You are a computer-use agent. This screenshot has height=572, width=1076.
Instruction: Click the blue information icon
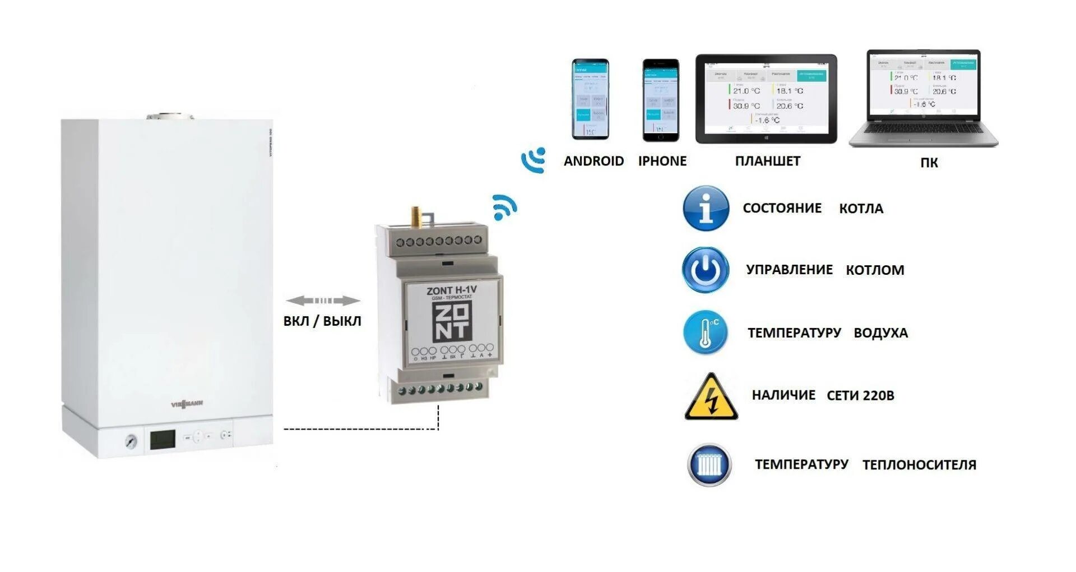coord(706,209)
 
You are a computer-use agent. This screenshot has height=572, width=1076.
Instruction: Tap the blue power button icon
coord(706,270)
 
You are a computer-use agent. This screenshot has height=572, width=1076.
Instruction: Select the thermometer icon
coord(706,333)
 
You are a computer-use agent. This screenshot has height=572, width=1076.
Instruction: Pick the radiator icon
coord(709,464)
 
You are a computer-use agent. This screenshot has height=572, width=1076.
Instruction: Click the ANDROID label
coord(593,162)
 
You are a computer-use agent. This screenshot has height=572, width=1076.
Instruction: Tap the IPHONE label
coord(662,162)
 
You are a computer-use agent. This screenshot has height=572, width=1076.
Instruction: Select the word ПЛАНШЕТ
coord(767,162)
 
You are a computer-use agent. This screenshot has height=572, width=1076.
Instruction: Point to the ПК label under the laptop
coord(929,163)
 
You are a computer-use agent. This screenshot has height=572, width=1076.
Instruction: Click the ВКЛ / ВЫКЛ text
coord(322,321)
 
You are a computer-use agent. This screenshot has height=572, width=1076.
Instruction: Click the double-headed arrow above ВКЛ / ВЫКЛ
coord(323,301)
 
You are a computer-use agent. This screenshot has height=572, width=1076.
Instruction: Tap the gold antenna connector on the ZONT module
coord(416,215)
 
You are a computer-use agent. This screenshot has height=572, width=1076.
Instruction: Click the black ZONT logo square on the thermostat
coord(452,321)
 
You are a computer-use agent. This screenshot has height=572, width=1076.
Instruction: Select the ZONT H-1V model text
coord(452,290)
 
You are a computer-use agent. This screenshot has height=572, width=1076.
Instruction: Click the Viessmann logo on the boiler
coord(187,404)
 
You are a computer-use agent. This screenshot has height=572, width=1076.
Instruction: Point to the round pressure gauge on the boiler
coord(131,441)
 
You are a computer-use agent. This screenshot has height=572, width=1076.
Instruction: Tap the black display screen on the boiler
coord(163,440)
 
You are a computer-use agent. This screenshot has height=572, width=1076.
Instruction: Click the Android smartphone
coord(590,99)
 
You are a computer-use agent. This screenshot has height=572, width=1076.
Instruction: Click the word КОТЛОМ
coord(875,270)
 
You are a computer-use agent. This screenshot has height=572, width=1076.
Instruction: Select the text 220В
coord(877,396)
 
